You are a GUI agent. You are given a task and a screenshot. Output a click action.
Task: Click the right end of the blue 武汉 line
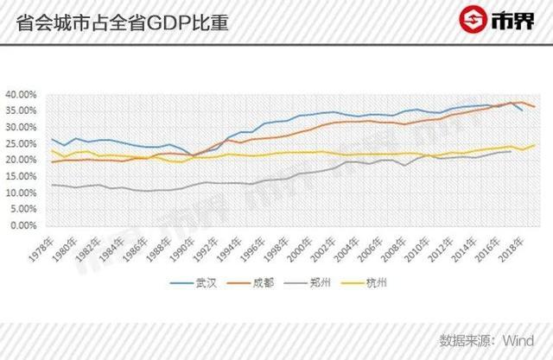[522, 111]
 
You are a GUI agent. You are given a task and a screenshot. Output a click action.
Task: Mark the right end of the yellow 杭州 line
[535, 145]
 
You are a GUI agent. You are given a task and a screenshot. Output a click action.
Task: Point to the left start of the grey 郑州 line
[51, 185]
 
